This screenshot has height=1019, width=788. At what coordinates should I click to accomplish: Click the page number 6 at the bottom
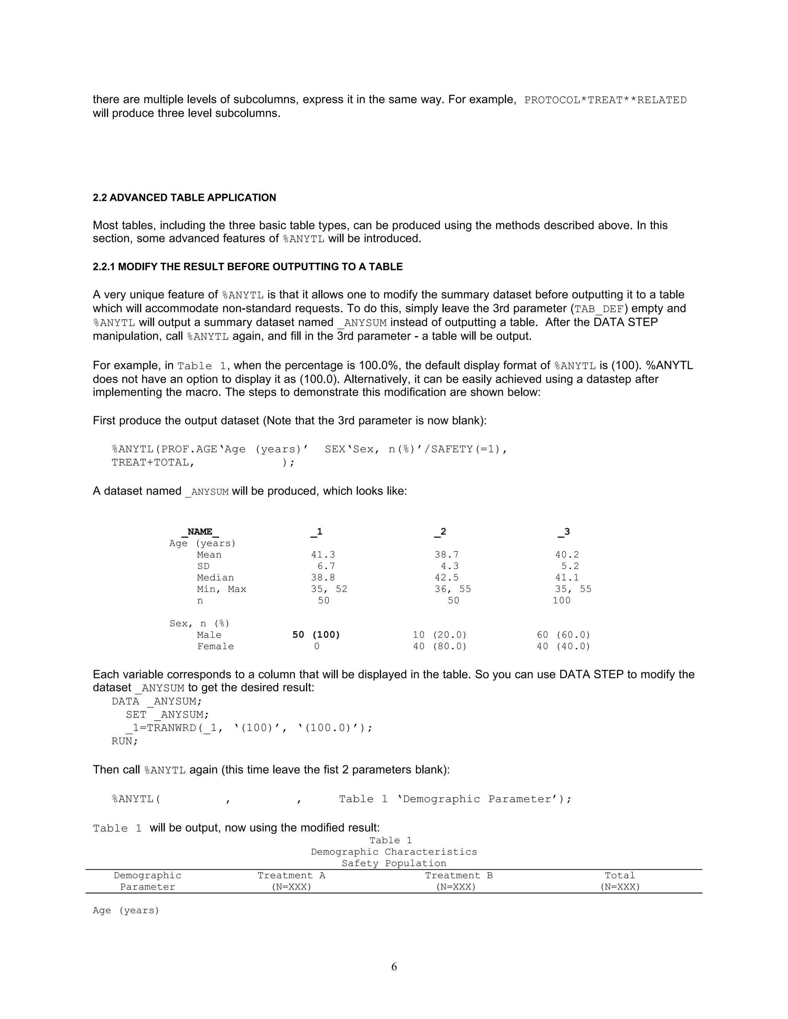(394, 966)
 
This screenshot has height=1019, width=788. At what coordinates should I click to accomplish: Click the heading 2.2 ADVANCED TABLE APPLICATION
(184, 198)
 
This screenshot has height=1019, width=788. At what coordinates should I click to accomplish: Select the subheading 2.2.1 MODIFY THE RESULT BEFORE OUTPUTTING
(247, 267)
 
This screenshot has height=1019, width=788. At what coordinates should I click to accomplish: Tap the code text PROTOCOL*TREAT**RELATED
(605, 100)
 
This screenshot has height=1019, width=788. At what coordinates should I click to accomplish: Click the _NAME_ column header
(200, 532)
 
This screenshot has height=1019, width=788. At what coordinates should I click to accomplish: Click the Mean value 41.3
(323, 555)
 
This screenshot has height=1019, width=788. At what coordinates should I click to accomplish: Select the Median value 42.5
(446, 578)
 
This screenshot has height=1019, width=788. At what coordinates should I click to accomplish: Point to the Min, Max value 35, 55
(573, 589)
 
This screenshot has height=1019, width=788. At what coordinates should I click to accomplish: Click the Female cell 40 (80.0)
(439, 647)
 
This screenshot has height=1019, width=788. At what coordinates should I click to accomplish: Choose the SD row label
(203, 566)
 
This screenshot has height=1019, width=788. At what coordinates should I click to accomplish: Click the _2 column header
(440, 532)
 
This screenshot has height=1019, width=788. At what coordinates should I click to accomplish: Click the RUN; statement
(125, 741)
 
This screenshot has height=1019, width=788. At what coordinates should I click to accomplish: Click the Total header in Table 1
(619, 876)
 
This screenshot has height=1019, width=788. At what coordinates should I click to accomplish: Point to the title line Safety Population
(394, 864)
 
